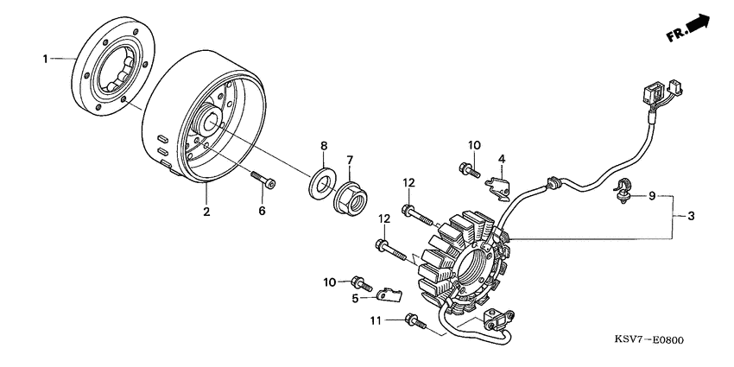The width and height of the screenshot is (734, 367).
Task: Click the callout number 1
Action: coord(46,59)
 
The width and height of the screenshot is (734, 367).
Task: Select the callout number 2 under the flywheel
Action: coord(206,212)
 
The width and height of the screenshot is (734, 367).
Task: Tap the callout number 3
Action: coord(691,216)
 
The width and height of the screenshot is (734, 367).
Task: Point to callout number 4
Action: coord(502,159)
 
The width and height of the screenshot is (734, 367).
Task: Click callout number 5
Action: coord(355,298)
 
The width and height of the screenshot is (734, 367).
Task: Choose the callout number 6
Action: coord(262,211)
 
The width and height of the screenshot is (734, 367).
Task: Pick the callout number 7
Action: coord(349,160)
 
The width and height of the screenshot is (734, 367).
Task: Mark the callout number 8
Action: coord(324,146)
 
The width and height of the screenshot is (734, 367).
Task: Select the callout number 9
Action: coord(652,196)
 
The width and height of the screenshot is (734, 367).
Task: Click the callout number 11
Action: coord(376,320)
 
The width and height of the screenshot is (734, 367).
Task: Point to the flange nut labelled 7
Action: coord(350,198)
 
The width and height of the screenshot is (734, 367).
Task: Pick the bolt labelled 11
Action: coord(416,321)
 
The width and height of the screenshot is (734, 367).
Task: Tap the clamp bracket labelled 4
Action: coord(497,187)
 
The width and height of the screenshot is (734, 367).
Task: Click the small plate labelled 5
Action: coord(390,295)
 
